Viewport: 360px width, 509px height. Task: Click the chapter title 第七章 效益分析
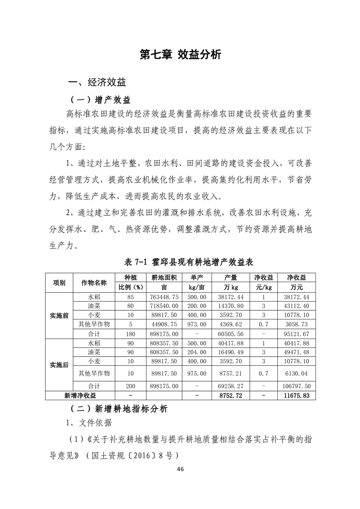[180, 55]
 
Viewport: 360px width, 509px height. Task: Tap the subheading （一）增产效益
[99, 99]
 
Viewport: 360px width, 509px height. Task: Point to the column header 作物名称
[94, 282]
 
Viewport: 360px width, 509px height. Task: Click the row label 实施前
[59, 316]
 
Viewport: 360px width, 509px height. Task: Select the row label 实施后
[59, 365]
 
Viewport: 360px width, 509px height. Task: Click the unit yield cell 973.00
[197, 324]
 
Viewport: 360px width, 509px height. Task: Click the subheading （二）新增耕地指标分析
[119, 409]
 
